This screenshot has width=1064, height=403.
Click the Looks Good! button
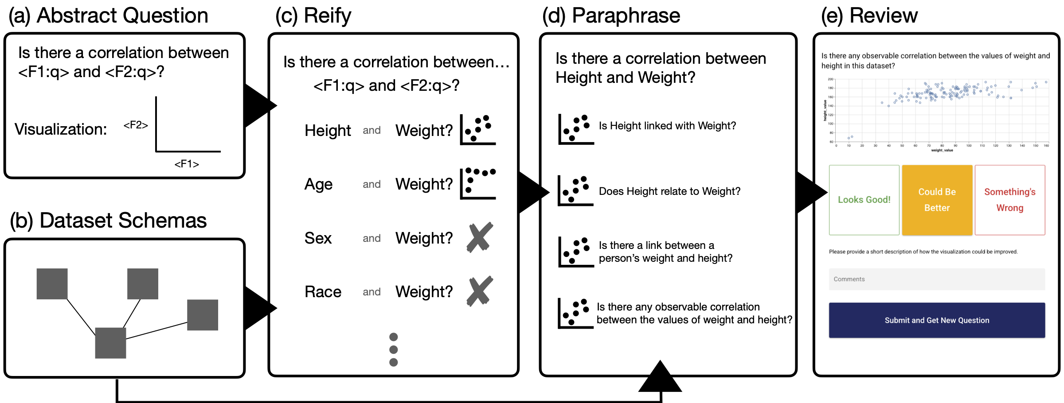pos(864,200)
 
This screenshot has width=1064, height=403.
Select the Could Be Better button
pos(937,200)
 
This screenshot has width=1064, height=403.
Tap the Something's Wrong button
pos(1010,200)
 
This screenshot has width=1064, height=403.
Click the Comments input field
pos(937,279)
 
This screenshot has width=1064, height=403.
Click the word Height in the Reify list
pos(328,131)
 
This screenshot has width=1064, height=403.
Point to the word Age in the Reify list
pos(318,184)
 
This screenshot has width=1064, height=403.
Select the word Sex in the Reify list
pos(318,238)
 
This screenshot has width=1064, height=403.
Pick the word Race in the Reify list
pos(323,292)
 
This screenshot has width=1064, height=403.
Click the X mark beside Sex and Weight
pos(480,237)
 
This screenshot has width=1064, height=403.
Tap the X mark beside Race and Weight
pos(480,291)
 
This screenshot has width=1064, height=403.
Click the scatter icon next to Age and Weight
pos(478,183)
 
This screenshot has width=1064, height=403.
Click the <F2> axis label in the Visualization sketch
pos(136,125)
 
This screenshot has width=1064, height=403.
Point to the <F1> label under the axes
pos(187,164)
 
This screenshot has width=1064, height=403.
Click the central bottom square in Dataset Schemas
pos(110,343)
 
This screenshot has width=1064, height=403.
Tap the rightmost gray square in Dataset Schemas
pos(203,315)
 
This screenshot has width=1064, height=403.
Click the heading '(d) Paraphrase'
pos(611,16)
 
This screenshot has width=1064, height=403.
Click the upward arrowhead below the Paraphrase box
pos(660,377)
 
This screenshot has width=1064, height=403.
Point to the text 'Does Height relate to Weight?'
pos(669,191)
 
